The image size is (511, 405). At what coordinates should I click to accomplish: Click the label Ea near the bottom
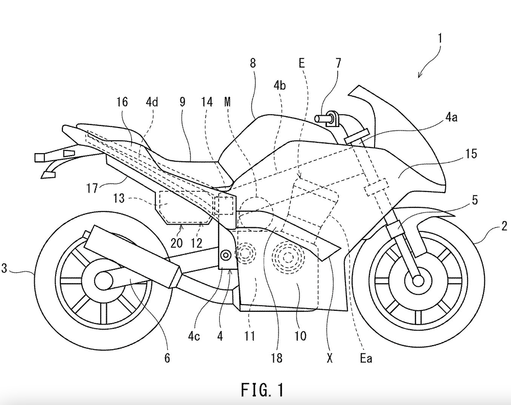pos(366,358)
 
